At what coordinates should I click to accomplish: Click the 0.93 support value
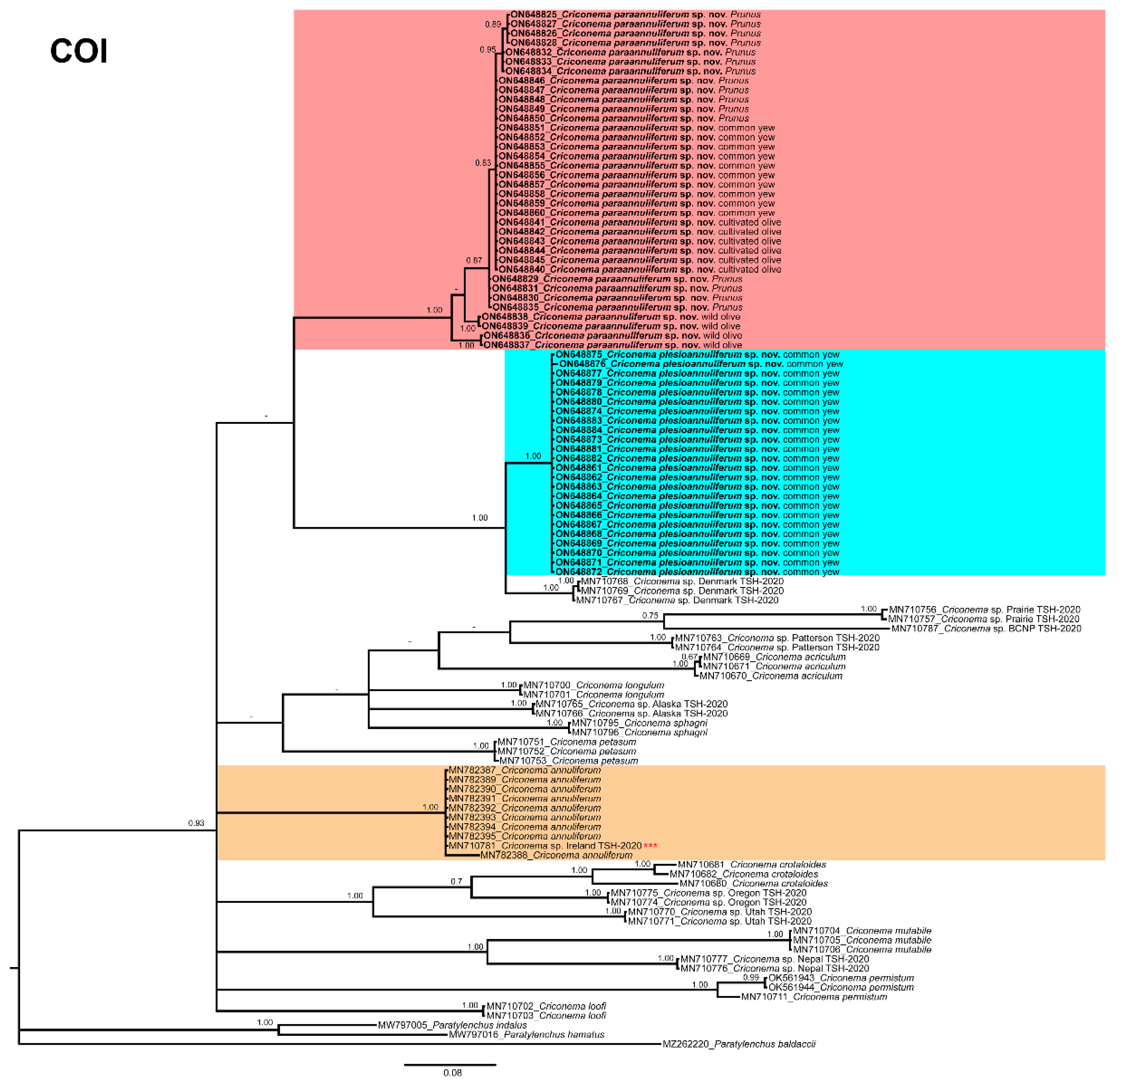[x=196, y=823]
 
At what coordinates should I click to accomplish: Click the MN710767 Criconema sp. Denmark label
[x=677, y=600]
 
